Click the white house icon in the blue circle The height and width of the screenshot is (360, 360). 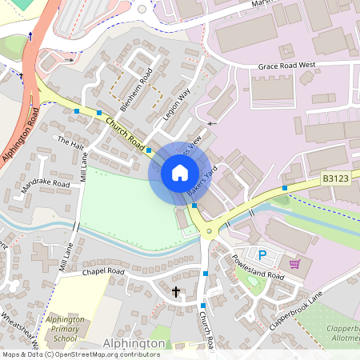tap(180, 173)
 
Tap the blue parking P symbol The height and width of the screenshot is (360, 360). tap(262, 255)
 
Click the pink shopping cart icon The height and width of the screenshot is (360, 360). tap(294, 263)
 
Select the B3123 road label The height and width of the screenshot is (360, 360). tap(337, 179)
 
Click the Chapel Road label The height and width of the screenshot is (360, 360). tap(104, 272)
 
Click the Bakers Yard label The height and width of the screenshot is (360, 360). tap(203, 184)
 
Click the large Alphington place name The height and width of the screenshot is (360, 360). tap(134, 343)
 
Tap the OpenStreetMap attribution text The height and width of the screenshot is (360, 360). tap(80, 354)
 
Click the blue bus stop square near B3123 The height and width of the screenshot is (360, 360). tap(285, 188)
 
